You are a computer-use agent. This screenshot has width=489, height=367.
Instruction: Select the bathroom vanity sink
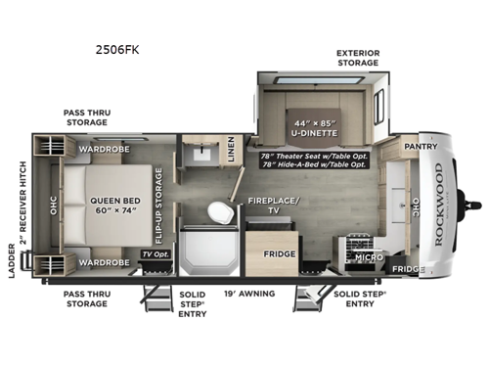[204, 156]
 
